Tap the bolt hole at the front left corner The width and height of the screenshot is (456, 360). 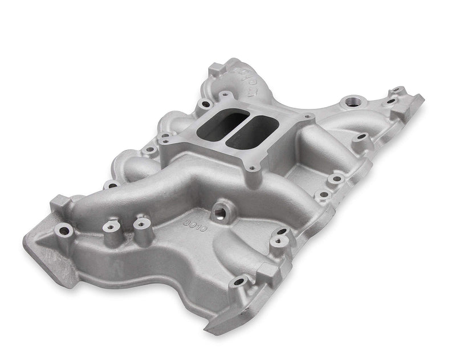64,231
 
